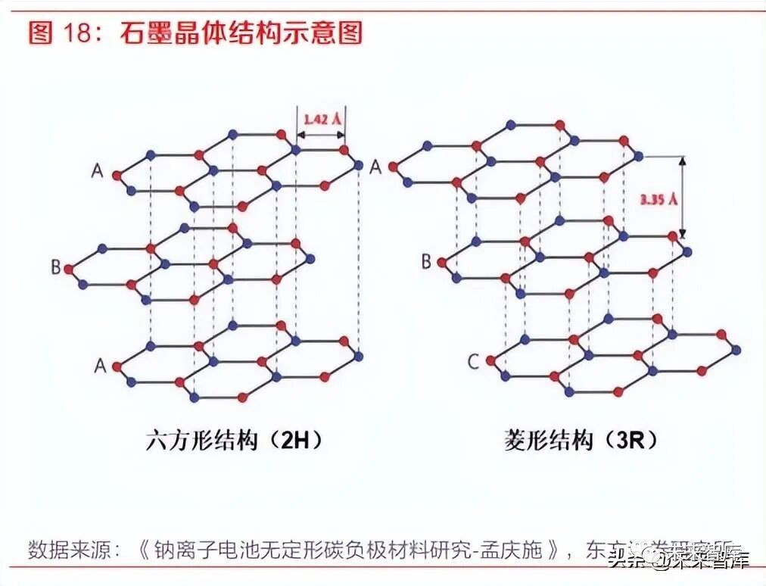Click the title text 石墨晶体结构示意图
pos(241,33)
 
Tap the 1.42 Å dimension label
pos(320,119)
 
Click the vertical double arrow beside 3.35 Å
pos(682,197)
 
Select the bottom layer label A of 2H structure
pos(99,366)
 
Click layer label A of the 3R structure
pos(375,167)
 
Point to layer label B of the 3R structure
pos(426,261)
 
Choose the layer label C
pos(473,362)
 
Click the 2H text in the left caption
pos(291,440)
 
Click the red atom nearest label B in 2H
pos(69,268)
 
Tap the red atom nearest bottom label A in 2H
pos(117,366)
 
